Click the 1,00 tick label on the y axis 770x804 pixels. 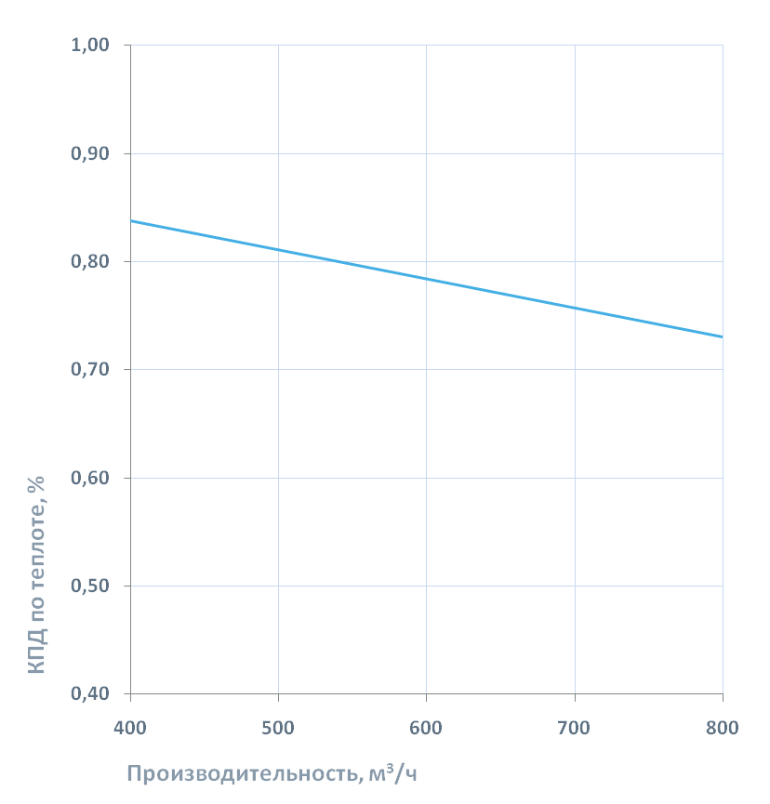tap(91, 46)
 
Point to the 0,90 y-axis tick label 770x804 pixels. tap(91, 153)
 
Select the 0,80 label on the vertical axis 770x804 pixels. tap(91, 262)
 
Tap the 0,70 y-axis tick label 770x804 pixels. tap(91, 370)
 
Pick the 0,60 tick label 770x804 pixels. tap(91, 479)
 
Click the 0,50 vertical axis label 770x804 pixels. tap(91, 587)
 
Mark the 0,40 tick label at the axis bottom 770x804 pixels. tap(91, 694)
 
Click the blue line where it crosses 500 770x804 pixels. tap(278, 249)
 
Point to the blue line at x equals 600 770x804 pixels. tap(426, 278)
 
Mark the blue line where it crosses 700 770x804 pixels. tap(575, 307)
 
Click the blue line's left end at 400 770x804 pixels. tap(131, 221)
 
